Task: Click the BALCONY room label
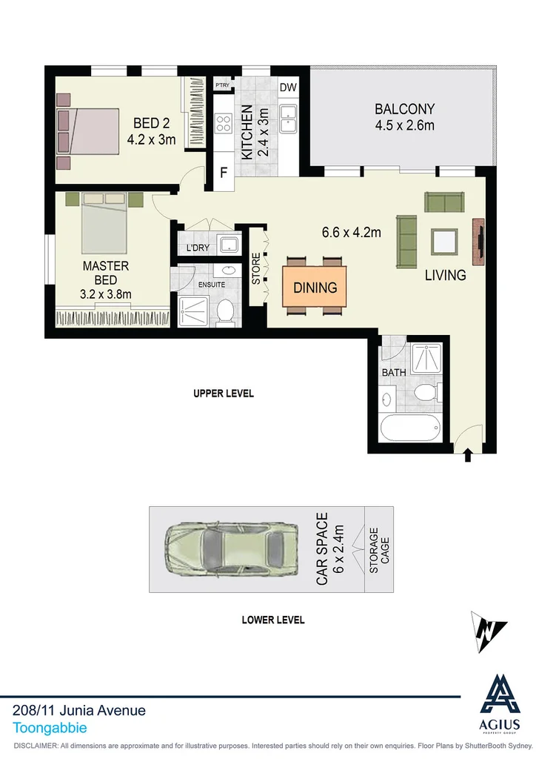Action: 404,108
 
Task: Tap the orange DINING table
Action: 315,288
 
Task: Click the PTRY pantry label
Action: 222,85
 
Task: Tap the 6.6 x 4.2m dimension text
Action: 351,232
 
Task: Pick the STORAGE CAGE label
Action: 378,550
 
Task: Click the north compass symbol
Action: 489,632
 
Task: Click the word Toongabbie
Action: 50,729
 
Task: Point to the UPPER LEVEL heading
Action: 224,394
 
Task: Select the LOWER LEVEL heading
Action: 272,620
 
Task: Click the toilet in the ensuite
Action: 226,312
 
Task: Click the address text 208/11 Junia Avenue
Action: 79,710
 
